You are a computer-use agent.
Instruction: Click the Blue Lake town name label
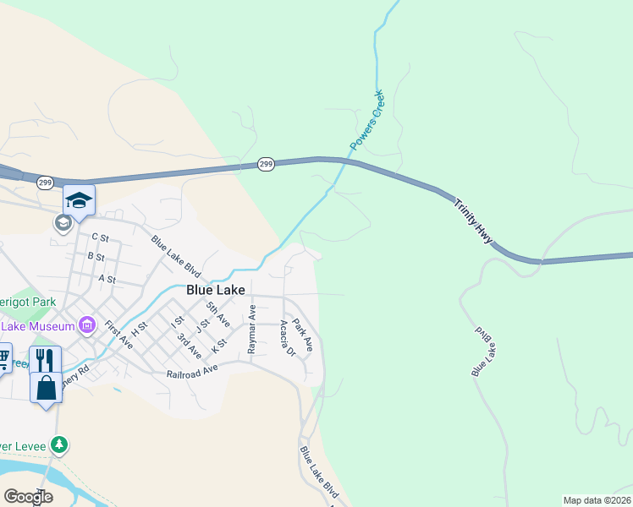coord(215,289)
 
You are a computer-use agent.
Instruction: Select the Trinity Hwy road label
coord(472,221)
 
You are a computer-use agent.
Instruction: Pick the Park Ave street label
coord(303,334)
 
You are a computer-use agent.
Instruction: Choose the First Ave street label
coord(119,335)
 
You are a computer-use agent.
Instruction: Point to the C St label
coord(101,238)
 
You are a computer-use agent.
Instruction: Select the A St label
coord(107,278)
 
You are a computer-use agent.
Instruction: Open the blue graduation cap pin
coord(79,200)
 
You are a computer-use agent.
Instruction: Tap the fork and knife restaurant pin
coord(45,360)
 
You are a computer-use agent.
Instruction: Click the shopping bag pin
coord(46,388)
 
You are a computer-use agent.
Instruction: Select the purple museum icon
coord(86,324)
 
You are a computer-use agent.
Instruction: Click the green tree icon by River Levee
coord(58,444)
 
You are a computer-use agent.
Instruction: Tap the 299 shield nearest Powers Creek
coord(266,165)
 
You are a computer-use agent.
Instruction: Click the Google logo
coord(28,498)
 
